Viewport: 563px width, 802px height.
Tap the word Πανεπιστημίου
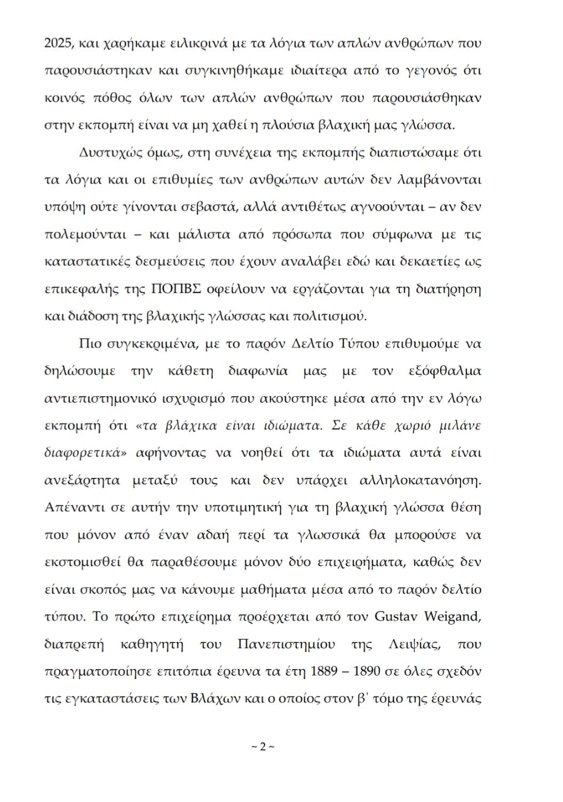tap(286, 644)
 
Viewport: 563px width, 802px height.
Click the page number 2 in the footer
tap(263, 746)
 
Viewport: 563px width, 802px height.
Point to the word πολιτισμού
tap(330, 317)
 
